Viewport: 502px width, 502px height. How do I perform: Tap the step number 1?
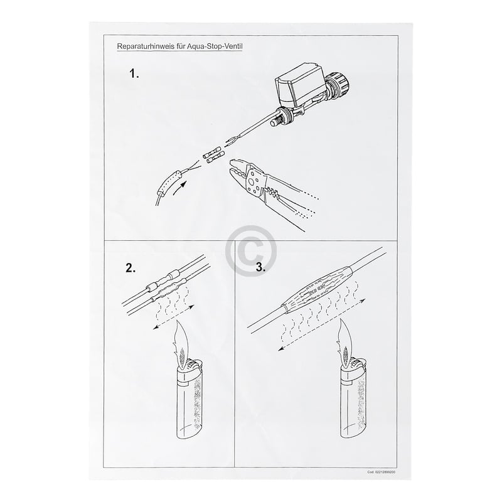tap(134, 73)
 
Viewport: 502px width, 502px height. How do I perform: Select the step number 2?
tap(131, 269)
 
